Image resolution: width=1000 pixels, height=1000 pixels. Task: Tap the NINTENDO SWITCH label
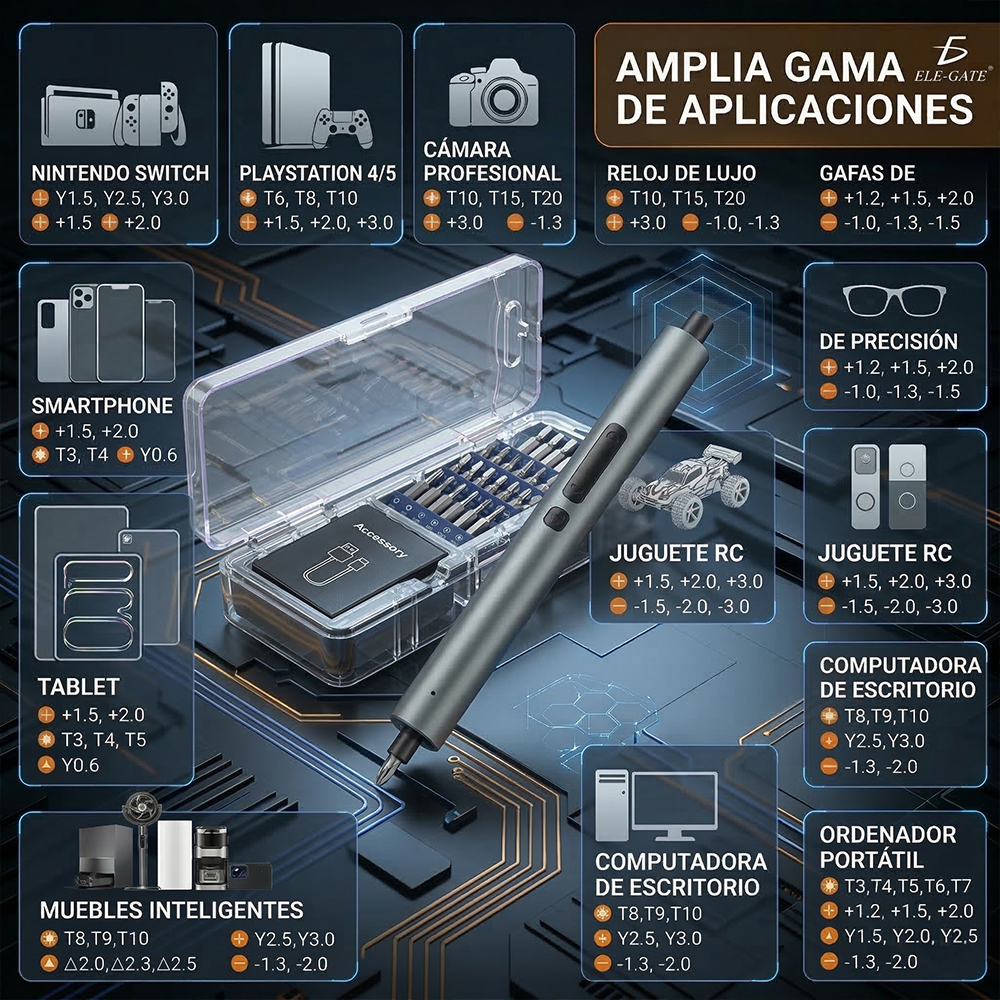pyautogui.click(x=120, y=173)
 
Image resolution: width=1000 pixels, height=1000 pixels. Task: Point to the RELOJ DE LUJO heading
pyautogui.click(x=681, y=173)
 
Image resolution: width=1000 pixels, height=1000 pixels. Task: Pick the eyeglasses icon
pyautogui.click(x=894, y=298)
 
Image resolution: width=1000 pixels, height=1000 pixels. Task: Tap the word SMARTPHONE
pyautogui.click(x=102, y=406)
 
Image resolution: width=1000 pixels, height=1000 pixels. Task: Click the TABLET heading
pyautogui.click(x=78, y=687)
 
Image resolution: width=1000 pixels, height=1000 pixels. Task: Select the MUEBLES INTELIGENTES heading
pyautogui.click(x=171, y=910)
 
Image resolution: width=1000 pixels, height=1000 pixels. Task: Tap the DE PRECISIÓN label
pyautogui.click(x=888, y=341)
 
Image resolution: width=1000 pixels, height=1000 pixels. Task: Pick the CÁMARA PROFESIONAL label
pyautogui.click(x=493, y=162)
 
